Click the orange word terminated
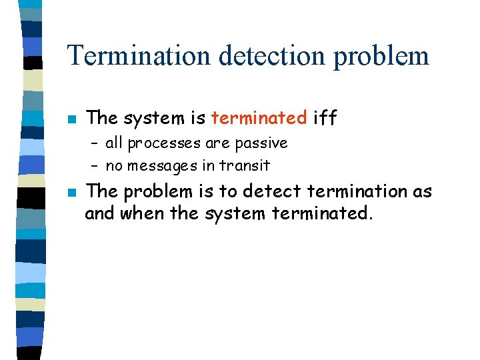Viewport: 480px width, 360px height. coord(259,119)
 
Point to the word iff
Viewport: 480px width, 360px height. coord(325,119)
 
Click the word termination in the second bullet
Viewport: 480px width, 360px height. coord(350,192)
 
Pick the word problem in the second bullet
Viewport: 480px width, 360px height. coord(152,193)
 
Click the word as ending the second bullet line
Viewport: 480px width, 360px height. coord(423,192)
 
